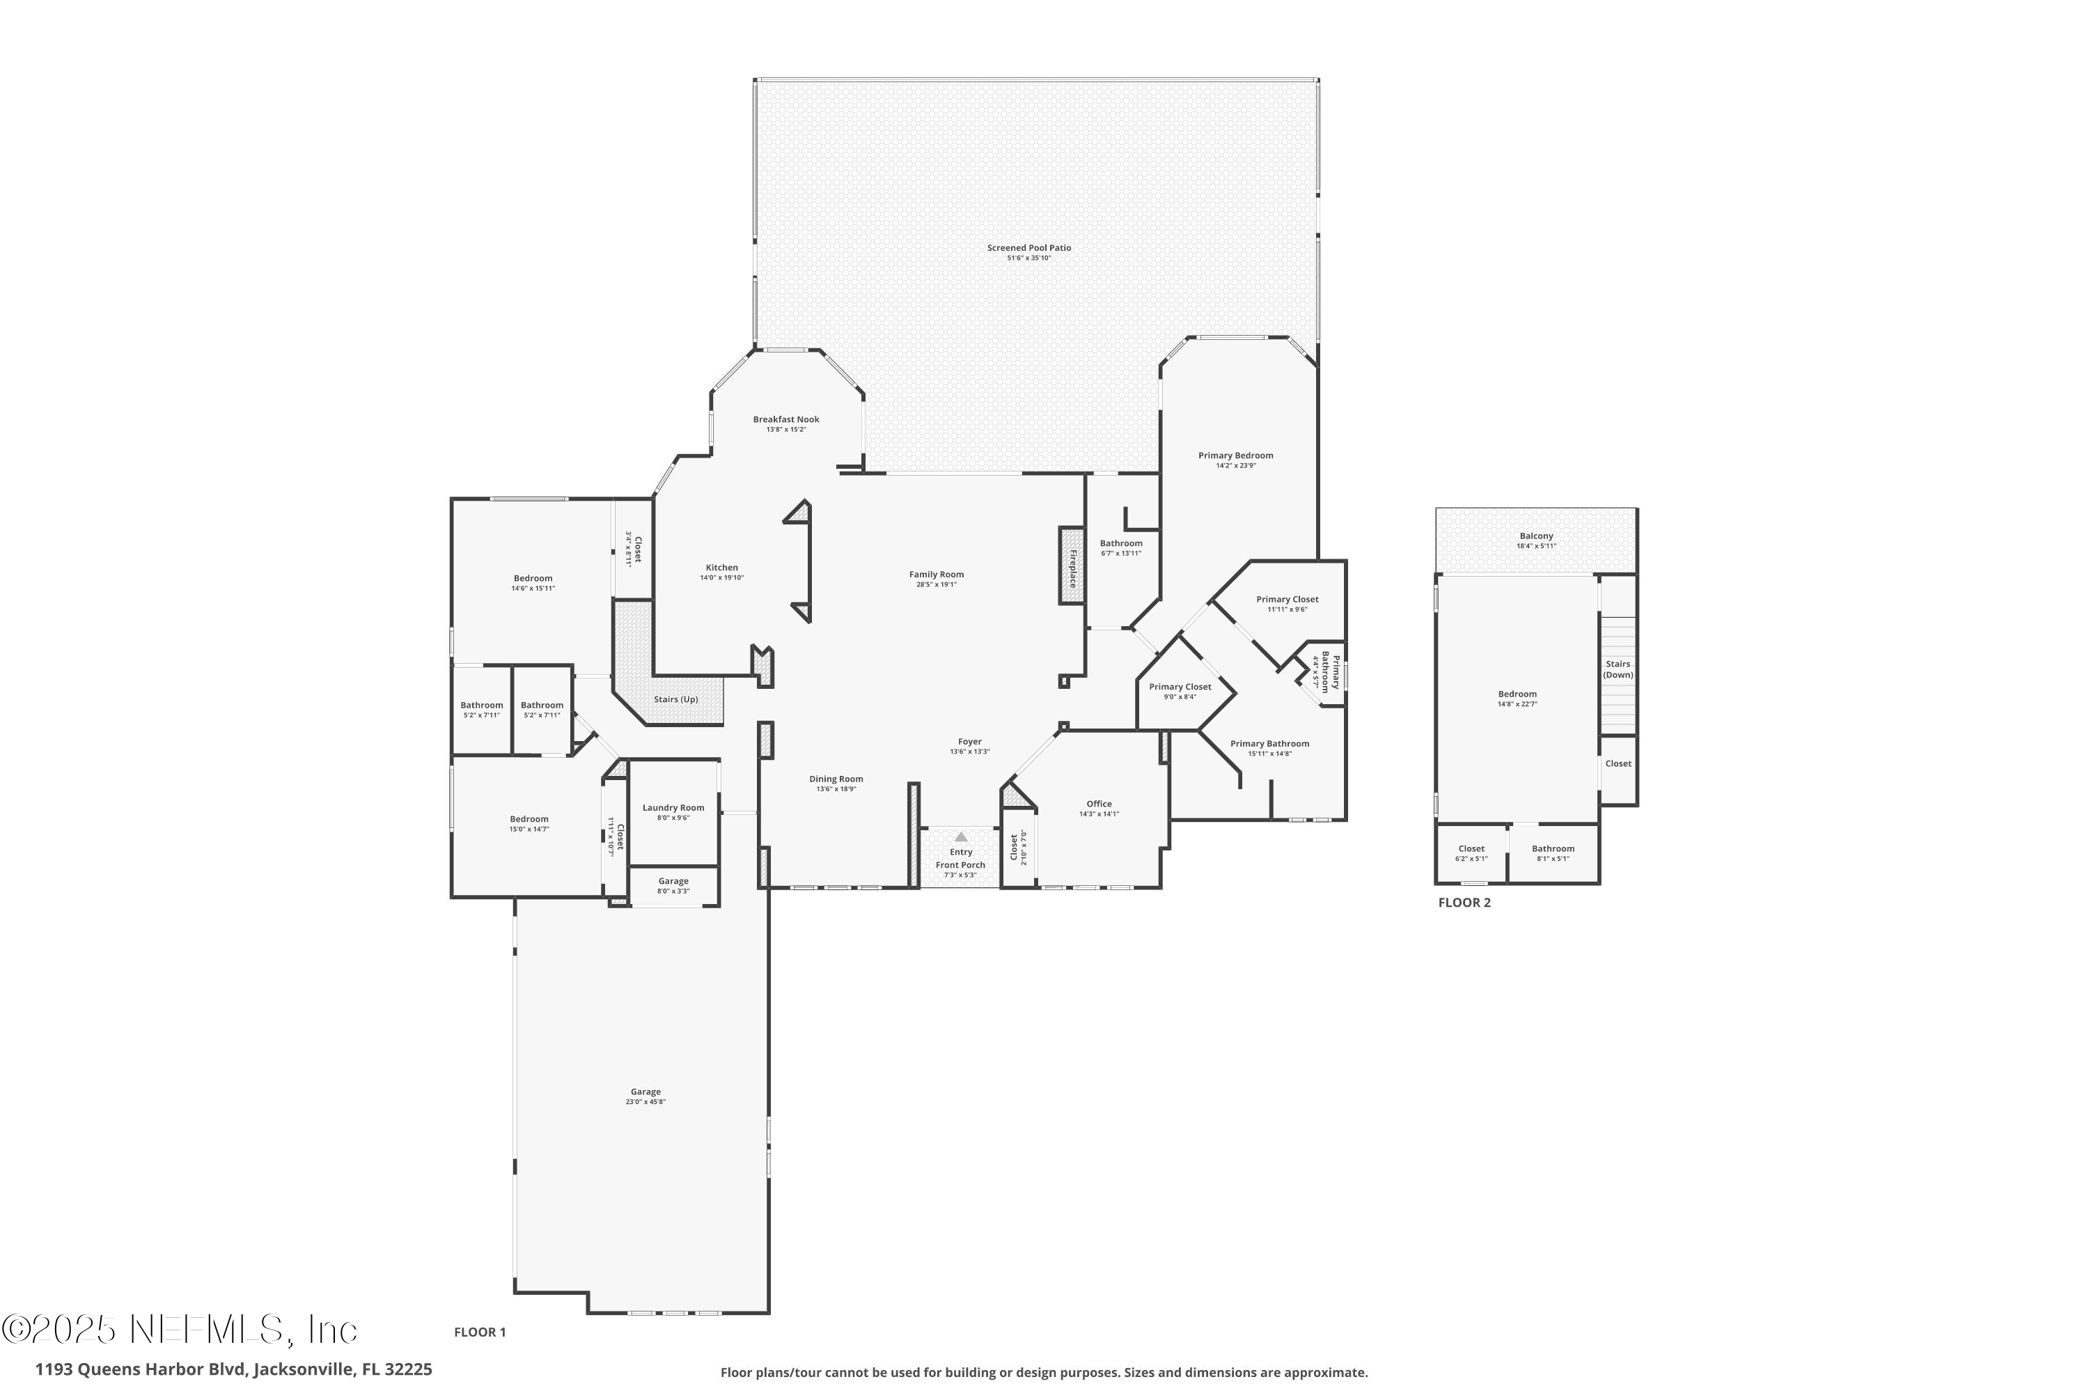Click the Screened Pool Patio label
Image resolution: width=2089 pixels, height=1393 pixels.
[1028, 248]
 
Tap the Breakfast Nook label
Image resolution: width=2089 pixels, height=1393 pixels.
[786, 419]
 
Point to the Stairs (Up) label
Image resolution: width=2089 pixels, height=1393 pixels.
[676, 699]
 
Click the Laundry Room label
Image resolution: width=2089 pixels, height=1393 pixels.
[673, 807]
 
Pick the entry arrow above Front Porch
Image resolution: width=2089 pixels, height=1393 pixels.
[960, 837]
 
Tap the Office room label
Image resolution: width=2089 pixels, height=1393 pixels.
[1099, 804]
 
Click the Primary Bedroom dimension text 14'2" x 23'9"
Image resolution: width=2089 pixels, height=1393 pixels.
[1235, 465]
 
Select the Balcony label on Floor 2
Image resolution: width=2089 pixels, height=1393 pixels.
[1537, 536]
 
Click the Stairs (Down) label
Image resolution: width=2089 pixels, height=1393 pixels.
[1618, 669]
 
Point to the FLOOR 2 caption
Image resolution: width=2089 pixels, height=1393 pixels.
[1464, 903]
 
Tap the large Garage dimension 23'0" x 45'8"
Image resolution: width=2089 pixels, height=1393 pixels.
[646, 1102]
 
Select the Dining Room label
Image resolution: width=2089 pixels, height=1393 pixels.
[836, 779]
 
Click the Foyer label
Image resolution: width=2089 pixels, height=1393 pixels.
[970, 742]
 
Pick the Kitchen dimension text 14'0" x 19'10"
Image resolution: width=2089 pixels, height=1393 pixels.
[721, 577]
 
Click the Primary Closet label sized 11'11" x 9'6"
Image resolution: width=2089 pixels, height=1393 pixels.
[1287, 600]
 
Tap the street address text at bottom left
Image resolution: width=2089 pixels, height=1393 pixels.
[233, 1369]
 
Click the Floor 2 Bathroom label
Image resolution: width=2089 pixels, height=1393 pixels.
[1553, 848]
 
